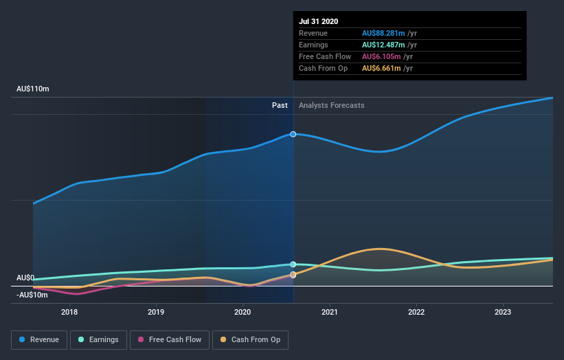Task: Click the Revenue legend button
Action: tap(38, 339)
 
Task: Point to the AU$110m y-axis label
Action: tap(33, 89)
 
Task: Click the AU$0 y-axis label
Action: tap(25, 278)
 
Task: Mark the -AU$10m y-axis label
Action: tap(32, 295)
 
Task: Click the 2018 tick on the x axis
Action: tap(69, 311)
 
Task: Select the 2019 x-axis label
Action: tap(156, 311)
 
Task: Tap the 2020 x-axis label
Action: tap(242, 311)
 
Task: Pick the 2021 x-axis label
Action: tap(330, 311)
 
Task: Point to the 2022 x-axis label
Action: tap(416, 311)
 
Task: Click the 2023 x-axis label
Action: tap(503, 311)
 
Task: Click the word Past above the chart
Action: tap(280, 106)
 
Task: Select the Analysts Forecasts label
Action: tap(332, 106)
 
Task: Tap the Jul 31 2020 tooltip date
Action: tap(318, 21)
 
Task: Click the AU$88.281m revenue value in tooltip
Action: tap(383, 34)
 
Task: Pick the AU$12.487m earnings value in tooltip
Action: tap(383, 45)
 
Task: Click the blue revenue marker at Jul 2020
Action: tap(293, 134)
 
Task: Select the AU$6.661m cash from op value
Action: tap(380, 69)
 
